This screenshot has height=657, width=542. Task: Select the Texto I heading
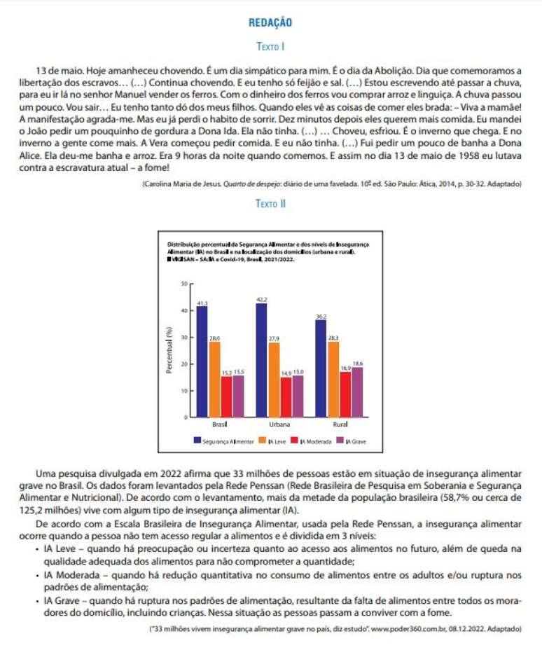pyautogui.click(x=270, y=47)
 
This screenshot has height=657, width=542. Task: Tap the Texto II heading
pyautogui.click(x=270, y=204)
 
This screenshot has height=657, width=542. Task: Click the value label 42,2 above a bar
pyautogui.click(x=261, y=299)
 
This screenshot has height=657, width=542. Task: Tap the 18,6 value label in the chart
pyautogui.click(x=358, y=364)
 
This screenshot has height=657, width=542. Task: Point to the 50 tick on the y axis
pyautogui.click(x=183, y=284)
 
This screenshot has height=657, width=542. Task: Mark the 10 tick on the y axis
pyautogui.click(x=183, y=390)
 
